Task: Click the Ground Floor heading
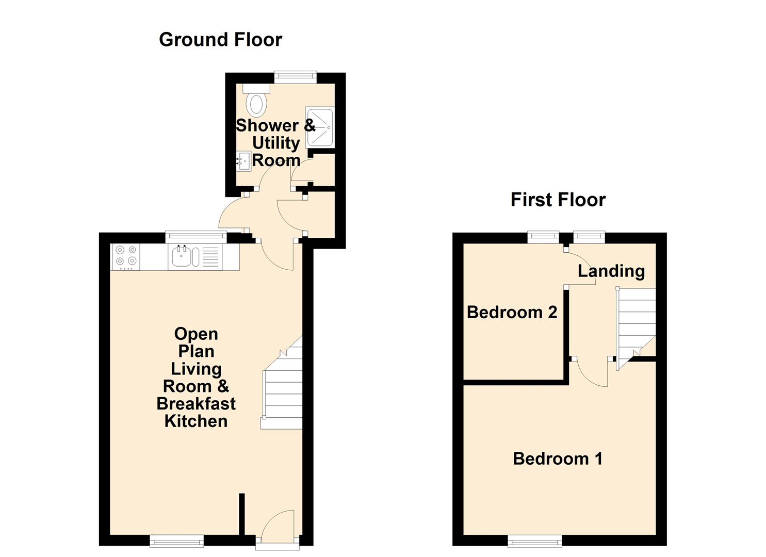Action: (x=220, y=40)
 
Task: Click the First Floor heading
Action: (x=558, y=200)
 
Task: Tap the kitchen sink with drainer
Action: (x=194, y=257)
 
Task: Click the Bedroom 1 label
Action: (x=558, y=458)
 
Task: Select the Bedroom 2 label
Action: (x=512, y=312)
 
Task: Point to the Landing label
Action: (x=611, y=271)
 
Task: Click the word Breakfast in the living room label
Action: (x=196, y=403)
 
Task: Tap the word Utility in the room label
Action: (x=276, y=143)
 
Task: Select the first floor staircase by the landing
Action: (x=636, y=325)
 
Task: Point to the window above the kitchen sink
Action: (x=195, y=237)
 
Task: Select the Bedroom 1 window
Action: (x=534, y=540)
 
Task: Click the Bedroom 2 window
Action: (x=543, y=237)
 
